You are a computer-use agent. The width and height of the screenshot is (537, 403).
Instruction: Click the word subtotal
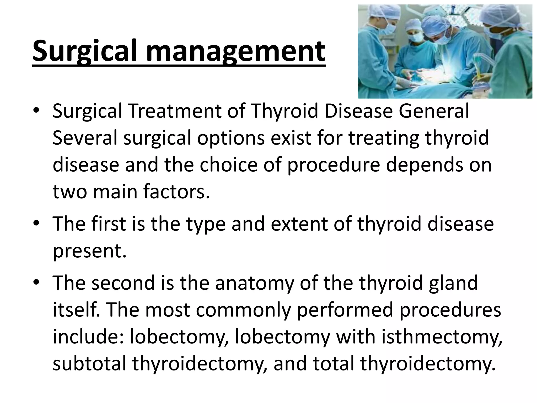[89, 364]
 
